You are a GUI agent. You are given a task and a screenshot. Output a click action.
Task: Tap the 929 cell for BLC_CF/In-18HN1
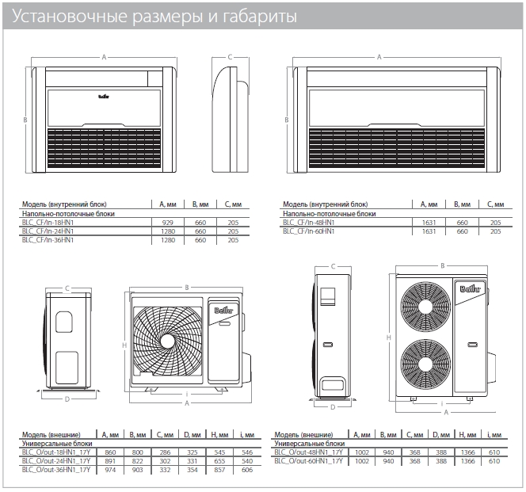167,223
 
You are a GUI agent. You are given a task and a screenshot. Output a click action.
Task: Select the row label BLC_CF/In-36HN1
48,240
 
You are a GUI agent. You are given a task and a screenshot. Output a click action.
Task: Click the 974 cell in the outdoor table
110,471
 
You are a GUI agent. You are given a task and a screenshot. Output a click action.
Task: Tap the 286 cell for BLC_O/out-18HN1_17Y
166,452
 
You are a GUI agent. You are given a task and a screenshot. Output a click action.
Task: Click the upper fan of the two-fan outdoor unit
425,303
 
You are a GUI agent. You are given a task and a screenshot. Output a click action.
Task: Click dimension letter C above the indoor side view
229,57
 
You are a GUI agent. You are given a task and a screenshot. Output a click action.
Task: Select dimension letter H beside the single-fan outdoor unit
125,345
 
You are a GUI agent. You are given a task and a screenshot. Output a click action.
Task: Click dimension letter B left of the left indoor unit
25,120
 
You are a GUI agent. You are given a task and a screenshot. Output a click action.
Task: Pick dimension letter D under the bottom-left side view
67,399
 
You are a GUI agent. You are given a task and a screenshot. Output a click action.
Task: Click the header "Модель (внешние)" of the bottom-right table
301,435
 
